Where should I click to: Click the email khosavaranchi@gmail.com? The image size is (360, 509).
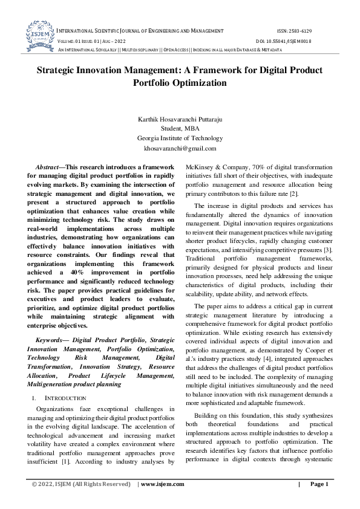tap(180, 148)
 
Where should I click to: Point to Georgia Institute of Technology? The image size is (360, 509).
tap(180, 138)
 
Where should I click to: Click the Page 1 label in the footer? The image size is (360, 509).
tap(319, 484)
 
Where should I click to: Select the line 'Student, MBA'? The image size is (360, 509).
tap(180, 129)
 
